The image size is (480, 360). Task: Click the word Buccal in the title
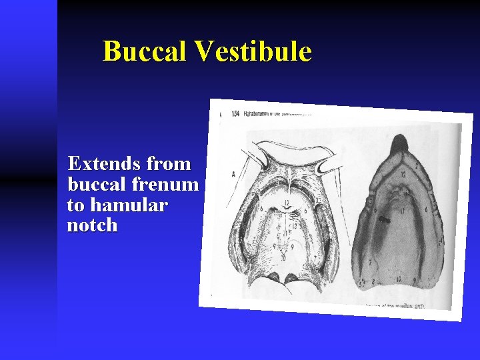pos(144,51)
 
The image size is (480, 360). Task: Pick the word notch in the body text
pos(92,225)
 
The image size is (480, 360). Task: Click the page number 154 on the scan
pos(235,114)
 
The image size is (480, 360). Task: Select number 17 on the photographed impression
pos(401,213)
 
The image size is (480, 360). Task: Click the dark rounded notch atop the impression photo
pos(399,143)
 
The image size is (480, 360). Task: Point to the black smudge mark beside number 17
pos(385,217)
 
